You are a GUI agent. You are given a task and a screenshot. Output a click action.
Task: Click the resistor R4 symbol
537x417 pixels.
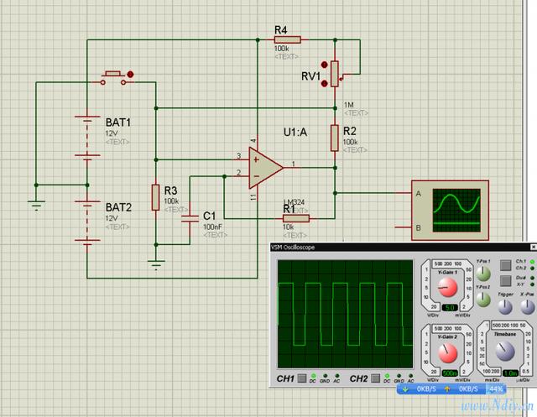[x=288, y=39]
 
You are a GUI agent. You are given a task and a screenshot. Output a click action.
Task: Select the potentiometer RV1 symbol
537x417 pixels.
[x=335, y=74]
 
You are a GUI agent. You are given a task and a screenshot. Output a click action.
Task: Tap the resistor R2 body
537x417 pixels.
[x=335, y=137]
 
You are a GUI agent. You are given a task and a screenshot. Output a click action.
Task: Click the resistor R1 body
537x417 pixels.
[x=295, y=218]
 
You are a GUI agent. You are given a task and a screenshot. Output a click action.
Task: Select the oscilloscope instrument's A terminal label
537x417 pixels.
[x=418, y=193]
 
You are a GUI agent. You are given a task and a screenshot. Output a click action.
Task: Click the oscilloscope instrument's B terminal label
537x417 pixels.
[x=418, y=227]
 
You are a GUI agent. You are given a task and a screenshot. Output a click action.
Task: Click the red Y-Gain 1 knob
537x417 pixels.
[x=448, y=288]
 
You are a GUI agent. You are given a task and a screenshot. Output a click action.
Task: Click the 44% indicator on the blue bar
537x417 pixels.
[x=495, y=388]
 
